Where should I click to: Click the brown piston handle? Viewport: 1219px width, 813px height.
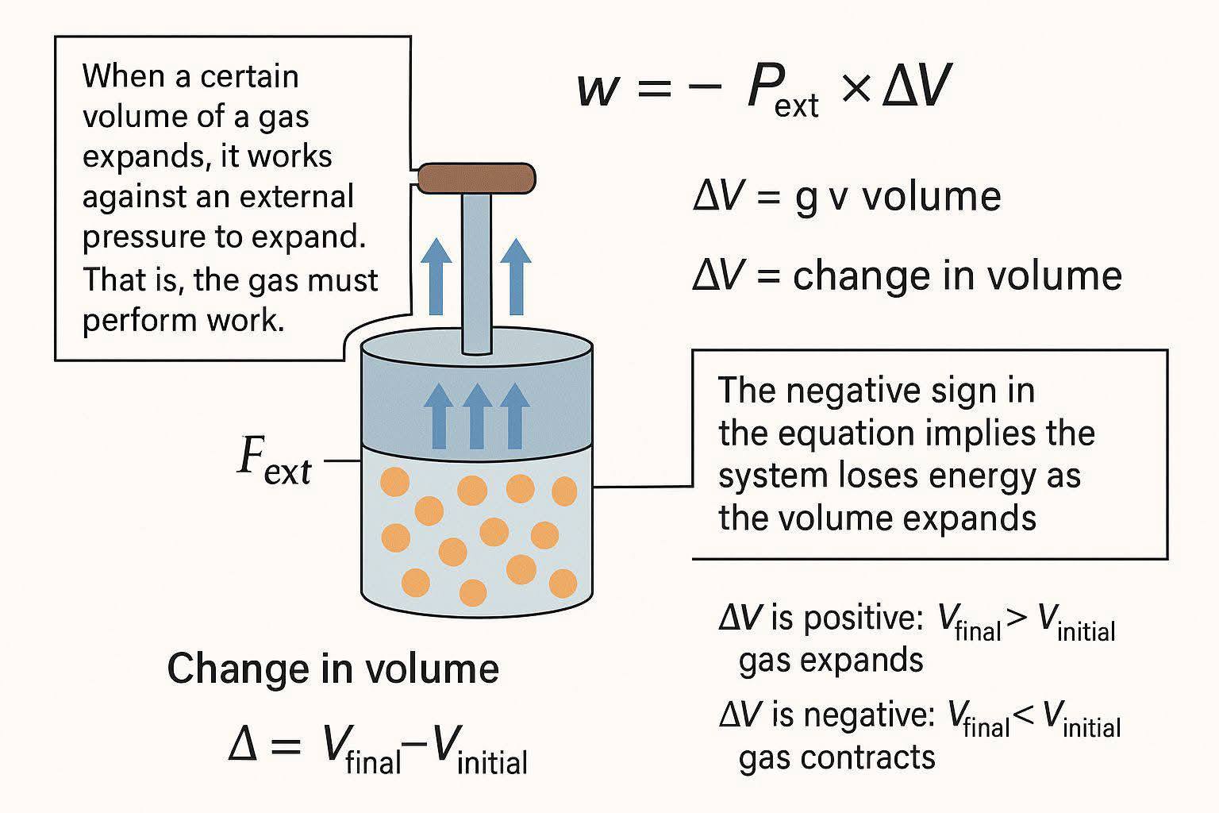[477, 178]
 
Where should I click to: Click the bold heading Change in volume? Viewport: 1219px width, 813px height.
[333, 669]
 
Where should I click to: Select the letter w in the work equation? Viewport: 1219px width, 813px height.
[598, 89]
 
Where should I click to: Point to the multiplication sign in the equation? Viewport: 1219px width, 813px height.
[856, 87]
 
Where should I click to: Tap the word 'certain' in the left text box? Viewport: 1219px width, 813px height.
[250, 76]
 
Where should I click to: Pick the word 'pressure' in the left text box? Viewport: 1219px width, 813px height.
[143, 238]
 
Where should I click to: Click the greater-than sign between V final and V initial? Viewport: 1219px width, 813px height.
[1017, 620]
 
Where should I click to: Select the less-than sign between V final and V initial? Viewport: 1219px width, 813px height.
[1025, 715]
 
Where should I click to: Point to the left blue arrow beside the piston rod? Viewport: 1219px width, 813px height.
[436, 276]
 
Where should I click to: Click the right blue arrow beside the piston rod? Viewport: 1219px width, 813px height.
[515, 276]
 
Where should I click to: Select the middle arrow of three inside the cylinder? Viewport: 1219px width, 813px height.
[477, 416]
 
